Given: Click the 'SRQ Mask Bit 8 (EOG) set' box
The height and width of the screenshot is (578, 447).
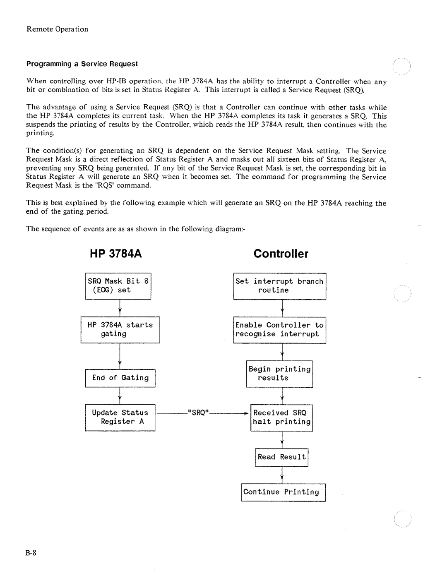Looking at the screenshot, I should coord(118,286).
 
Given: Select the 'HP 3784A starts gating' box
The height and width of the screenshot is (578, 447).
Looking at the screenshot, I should coord(120,330).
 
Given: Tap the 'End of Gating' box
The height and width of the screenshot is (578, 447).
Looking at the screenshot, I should coord(120,378).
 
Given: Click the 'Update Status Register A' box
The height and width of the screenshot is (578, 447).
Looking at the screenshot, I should coord(120,417).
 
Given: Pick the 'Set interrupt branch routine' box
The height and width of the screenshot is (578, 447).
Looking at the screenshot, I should coord(279,286).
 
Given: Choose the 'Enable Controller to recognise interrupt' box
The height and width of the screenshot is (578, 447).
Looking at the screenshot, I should coord(279,330).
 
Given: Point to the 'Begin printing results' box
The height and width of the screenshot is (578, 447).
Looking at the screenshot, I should coord(279,374).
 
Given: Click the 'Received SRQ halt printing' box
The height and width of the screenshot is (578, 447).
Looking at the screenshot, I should coord(281,417).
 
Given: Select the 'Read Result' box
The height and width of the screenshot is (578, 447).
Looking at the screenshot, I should coord(281,457).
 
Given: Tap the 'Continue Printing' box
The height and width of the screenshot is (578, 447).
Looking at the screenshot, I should coord(283,492).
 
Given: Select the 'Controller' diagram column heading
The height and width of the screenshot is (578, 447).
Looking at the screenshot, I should coord(281,254).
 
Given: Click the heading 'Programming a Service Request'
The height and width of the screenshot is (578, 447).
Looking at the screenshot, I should coord(82,64).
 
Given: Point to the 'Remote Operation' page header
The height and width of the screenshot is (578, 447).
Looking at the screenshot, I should coord(58,29).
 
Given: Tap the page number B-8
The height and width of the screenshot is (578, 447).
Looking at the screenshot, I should coord(32,554).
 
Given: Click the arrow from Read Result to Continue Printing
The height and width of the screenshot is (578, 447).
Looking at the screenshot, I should coord(282,475).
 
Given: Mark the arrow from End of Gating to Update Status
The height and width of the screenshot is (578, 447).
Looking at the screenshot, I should coord(120,396).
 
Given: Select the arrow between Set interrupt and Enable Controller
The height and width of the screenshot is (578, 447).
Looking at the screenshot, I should coord(282,308).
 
